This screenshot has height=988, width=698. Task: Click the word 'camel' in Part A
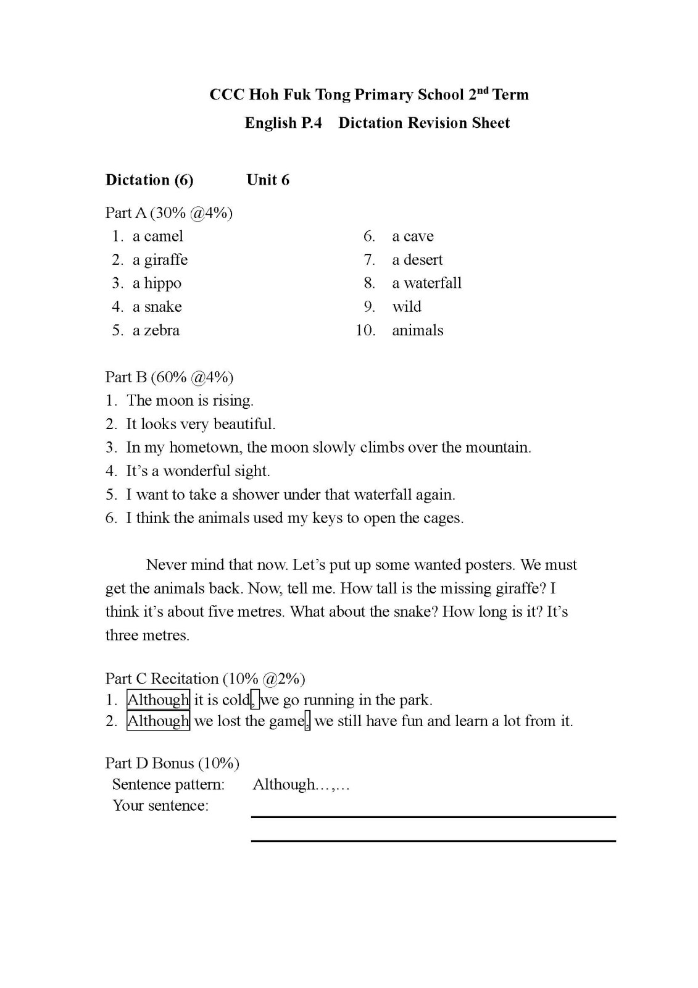[164, 237]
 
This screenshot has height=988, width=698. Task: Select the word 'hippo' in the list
[163, 283]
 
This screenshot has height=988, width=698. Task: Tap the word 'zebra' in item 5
[162, 330]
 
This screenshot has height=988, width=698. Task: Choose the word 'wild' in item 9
[407, 307]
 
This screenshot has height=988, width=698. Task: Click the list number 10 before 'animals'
[365, 330]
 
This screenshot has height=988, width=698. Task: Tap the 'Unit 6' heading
[268, 180]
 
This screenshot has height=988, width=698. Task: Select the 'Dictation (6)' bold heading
[149, 180]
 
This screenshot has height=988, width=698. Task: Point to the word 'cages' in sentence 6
[443, 518]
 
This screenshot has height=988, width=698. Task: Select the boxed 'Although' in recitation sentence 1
[158, 700]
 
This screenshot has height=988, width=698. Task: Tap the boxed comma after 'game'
[308, 721]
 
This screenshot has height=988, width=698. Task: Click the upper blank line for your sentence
[433, 817]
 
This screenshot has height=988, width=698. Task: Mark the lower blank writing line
[433, 840]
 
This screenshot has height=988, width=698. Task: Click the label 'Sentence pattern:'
[168, 784]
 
